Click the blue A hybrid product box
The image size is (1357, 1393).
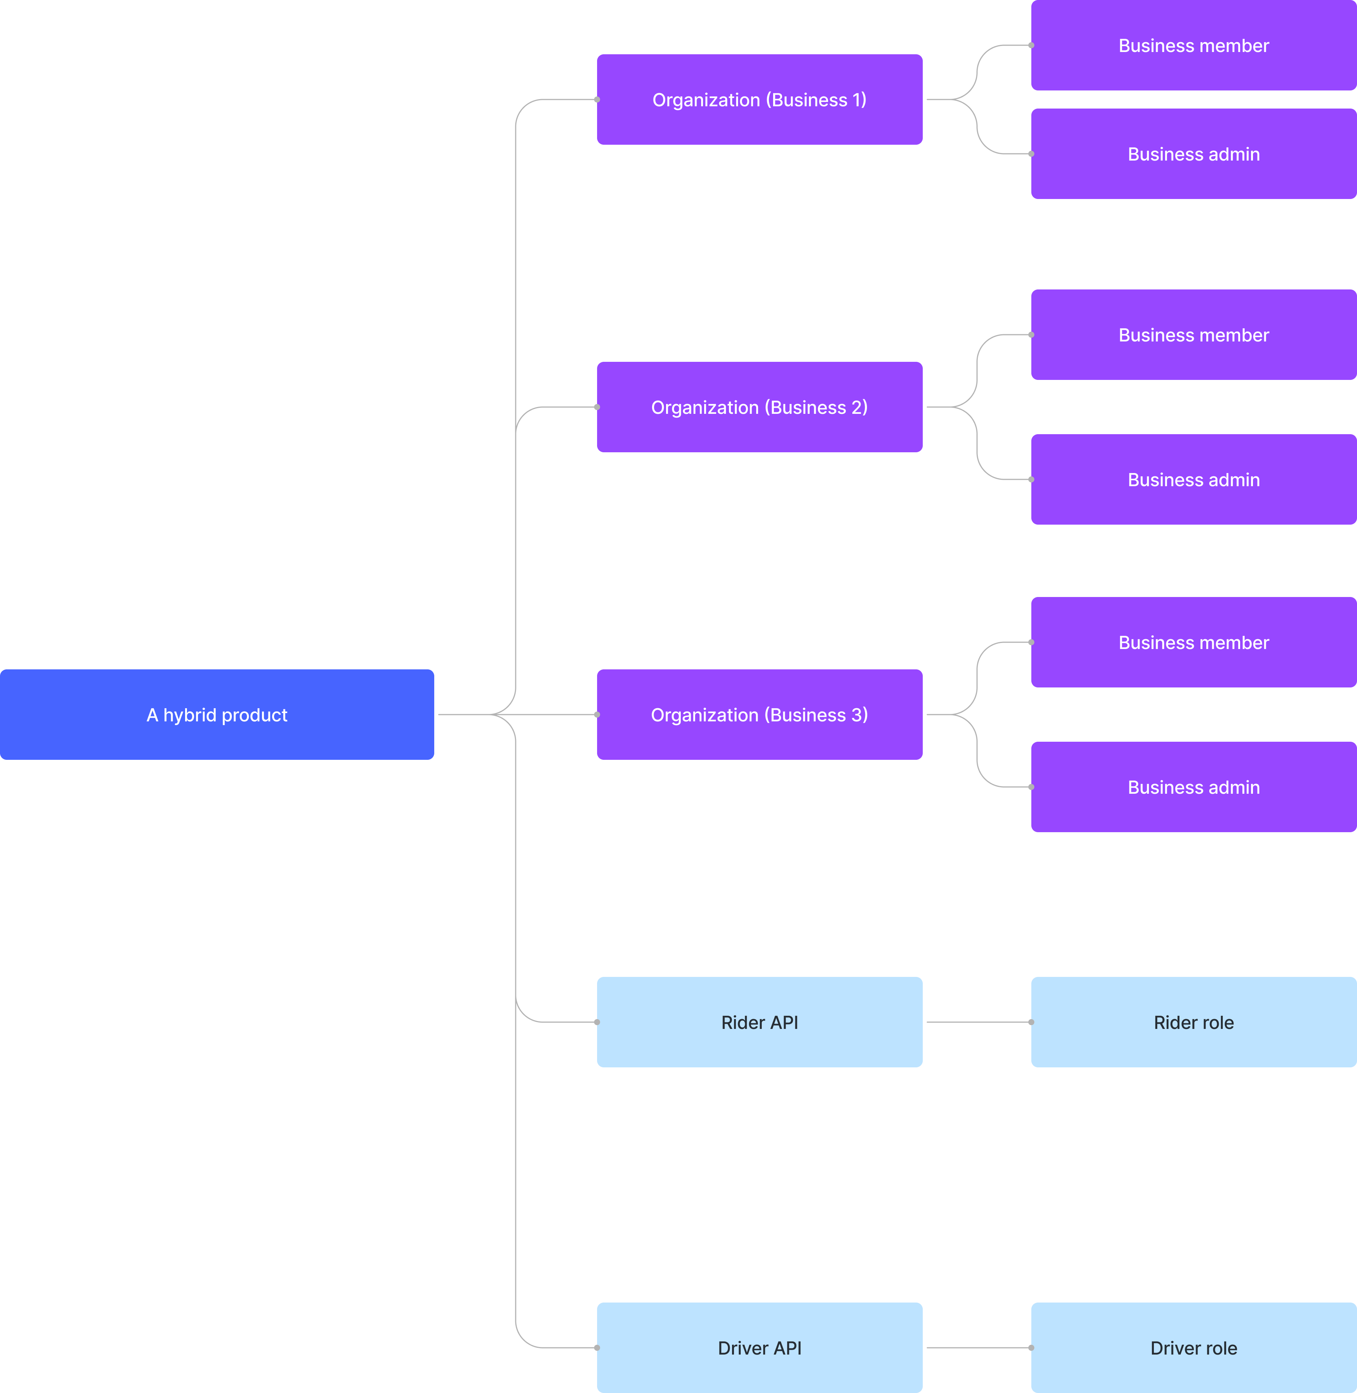point(217,715)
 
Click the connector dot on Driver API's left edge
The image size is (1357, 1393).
point(597,1347)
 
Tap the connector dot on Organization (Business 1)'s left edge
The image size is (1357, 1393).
point(597,100)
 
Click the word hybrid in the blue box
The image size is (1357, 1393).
point(190,715)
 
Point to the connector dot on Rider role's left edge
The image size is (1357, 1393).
point(1031,1022)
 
